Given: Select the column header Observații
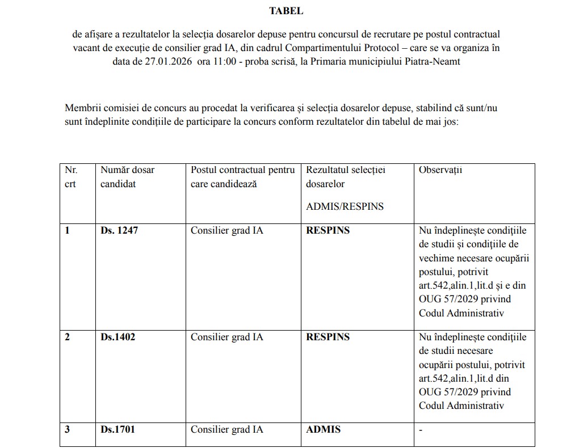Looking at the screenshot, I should [440, 170].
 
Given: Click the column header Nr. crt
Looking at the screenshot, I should [71, 177].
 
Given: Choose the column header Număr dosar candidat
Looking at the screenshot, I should [127, 177].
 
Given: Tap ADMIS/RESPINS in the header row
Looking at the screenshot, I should [345, 206].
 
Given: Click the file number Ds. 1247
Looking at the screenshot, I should [119, 231].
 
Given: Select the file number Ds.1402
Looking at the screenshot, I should [118, 337].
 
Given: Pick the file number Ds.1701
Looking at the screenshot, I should [118, 429].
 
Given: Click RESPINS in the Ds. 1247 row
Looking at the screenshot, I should [328, 231].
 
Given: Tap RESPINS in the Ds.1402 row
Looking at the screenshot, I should [328, 337].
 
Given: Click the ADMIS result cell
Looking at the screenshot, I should [324, 429].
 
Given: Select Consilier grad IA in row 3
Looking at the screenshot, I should [226, 429].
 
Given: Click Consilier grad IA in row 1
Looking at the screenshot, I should [226, 231].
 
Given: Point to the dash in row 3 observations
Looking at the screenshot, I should [421, 430].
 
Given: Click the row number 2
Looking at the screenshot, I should [68, 337].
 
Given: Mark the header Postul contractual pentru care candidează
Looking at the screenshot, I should [242, 177].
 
